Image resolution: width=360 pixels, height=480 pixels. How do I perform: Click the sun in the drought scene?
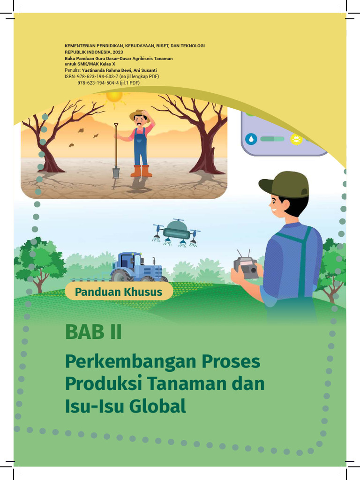pos(114,96)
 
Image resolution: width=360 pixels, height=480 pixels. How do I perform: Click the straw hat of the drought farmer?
pos(139,114)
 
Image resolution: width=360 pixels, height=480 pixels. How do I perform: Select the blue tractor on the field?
pos(137,268)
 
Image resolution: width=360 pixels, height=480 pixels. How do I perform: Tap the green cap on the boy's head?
pos(286,184)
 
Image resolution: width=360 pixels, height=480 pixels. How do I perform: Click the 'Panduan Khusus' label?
pos(119,292)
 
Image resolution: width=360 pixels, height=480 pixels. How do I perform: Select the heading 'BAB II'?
pos(93,332)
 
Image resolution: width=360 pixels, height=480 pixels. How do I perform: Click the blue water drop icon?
pos(251,139)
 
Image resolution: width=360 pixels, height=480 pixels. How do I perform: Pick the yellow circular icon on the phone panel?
pos(296,139)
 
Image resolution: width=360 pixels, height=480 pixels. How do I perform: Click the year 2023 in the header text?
pos(118,52)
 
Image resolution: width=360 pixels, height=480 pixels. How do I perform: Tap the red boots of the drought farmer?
pos(141,171)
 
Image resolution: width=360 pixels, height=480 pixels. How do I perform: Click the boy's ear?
pos(285,204)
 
